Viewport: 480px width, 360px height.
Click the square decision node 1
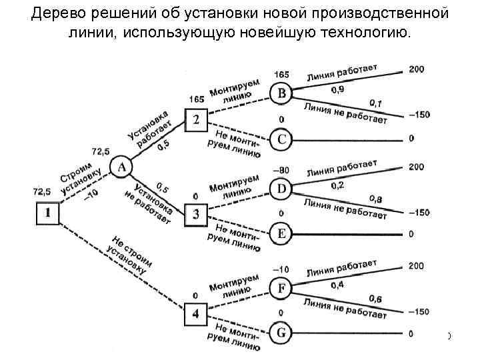coord(48,213)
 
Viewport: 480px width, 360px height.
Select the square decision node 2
coord(196,120)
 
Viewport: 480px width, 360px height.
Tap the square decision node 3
coord(196,215)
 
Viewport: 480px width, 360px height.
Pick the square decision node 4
coord(196,312)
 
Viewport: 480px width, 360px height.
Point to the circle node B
coord(282,93)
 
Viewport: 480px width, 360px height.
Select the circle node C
coord(282,139)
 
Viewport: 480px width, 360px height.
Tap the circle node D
coord(282,189)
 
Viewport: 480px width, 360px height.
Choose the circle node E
coord(282,233)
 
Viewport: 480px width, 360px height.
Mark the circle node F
coord(282,288)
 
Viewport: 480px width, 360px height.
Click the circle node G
coord(282,331)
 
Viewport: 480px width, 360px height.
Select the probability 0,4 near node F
coord(339,285)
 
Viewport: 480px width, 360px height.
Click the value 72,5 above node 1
coord(41,191)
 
